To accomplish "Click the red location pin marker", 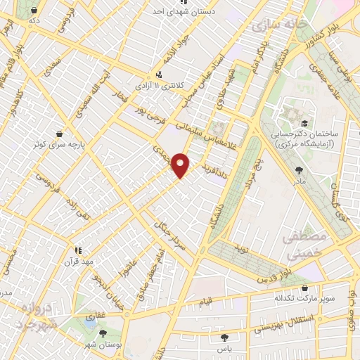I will pos(181,165).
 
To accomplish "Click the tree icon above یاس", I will pos(221,338).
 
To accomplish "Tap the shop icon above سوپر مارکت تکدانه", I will pos(304,288).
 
